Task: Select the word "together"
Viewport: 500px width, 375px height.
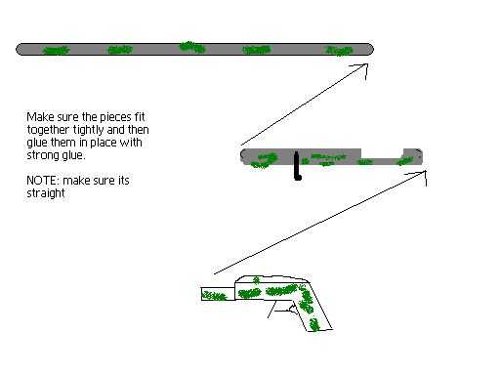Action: (48, 130)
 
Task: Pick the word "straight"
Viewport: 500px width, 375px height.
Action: (46, 193)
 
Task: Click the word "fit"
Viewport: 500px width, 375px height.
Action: (140, 117)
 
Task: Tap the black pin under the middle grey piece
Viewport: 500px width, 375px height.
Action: (297, 166)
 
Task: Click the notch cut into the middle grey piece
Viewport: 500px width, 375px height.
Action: (382, 153)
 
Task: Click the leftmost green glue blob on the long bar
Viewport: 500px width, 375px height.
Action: (56, 50)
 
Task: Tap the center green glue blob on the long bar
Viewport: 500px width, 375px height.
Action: (192, 47)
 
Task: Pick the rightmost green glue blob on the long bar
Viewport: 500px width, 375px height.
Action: (339, 51)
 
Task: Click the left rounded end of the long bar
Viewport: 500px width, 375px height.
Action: (21, 50)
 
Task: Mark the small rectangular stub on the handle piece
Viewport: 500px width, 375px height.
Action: (218, 294)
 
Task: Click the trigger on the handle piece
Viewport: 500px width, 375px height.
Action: (286, 308)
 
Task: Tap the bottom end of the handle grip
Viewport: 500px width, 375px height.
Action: (319, 330)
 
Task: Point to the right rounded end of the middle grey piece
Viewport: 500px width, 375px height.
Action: (418, 156)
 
